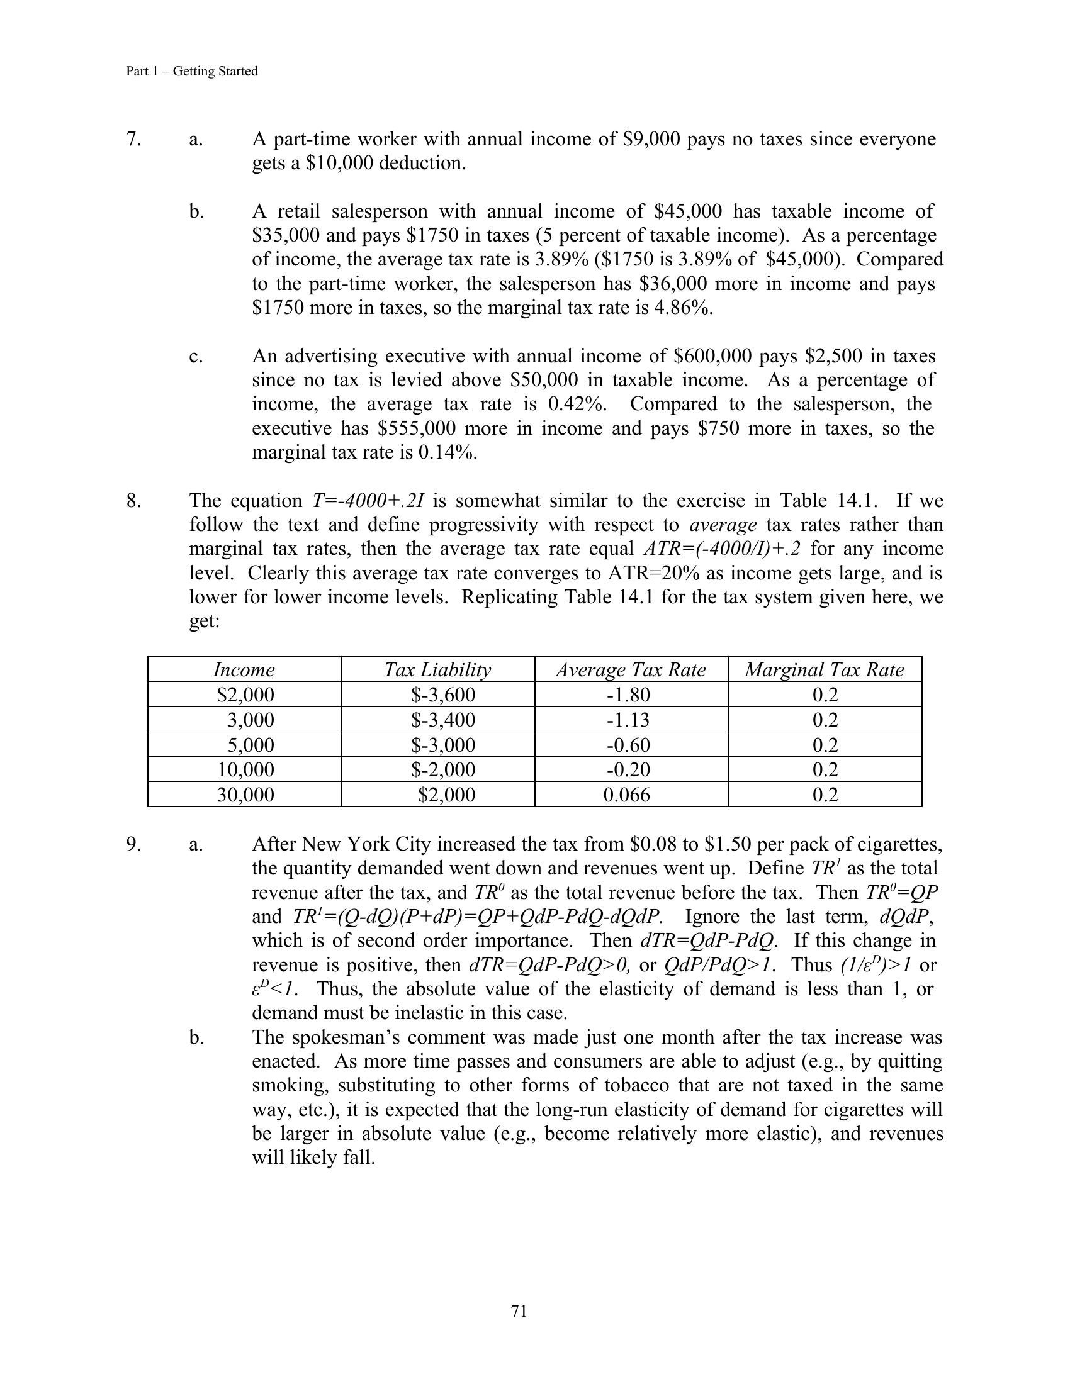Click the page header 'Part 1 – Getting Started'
[x=191, y=72]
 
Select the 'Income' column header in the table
[x=244, y=670]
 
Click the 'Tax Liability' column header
[x=437, y=670]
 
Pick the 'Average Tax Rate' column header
[x=631, y=670]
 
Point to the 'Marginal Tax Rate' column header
[x=824, y=670]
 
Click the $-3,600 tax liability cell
[x=443, y=695]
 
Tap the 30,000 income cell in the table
[x=245, y=795]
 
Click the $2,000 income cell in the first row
[x=245, y=695]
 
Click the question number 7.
[x=133, y=139]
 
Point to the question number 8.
[x=133, y=501]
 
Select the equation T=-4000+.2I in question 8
[x=368, y=501]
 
